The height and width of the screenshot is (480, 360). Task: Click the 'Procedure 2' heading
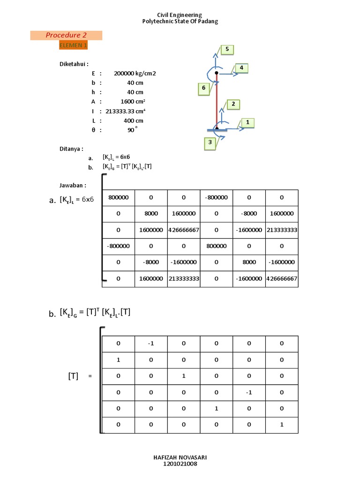(66, 35)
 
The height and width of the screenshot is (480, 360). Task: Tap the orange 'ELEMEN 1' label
(73, 45)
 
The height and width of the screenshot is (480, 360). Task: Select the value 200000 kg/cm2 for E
(135, 74)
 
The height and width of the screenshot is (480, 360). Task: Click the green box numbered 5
(227, 49)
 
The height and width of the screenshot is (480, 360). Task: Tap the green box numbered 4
(241, 68)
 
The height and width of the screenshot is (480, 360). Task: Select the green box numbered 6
(203, 88)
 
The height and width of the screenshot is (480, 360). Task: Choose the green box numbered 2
(233, 104)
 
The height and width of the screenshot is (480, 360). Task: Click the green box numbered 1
(247, 123)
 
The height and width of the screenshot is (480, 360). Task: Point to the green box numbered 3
(210, 142)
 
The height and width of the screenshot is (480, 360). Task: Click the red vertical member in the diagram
(217, 101)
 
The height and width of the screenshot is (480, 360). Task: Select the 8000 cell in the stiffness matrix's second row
(151, 214)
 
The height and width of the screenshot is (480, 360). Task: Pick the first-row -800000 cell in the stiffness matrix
(216, 198)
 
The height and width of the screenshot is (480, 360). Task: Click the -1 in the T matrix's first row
(151, 344)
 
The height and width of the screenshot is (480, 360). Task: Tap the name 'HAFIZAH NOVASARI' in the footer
(180, 457)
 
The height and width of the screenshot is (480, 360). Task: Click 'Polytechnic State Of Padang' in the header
(180, 21)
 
